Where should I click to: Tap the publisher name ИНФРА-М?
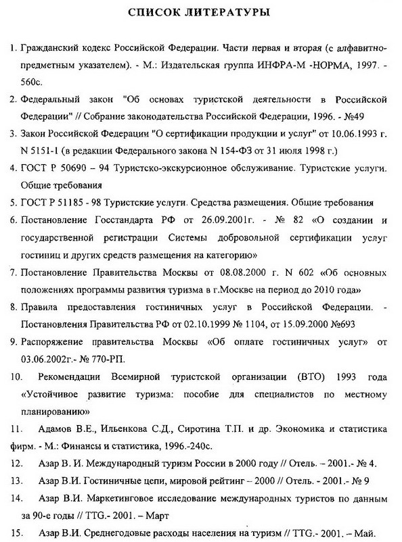pos(265,68)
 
